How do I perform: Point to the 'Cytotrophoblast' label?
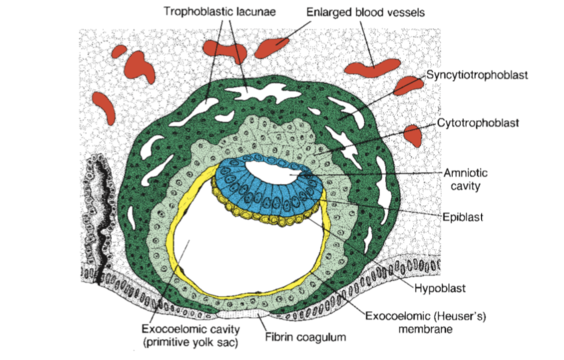[x=478, y=123]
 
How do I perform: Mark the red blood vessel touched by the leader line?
[x=272, y=47]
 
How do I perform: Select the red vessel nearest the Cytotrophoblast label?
[x=413, y=134]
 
